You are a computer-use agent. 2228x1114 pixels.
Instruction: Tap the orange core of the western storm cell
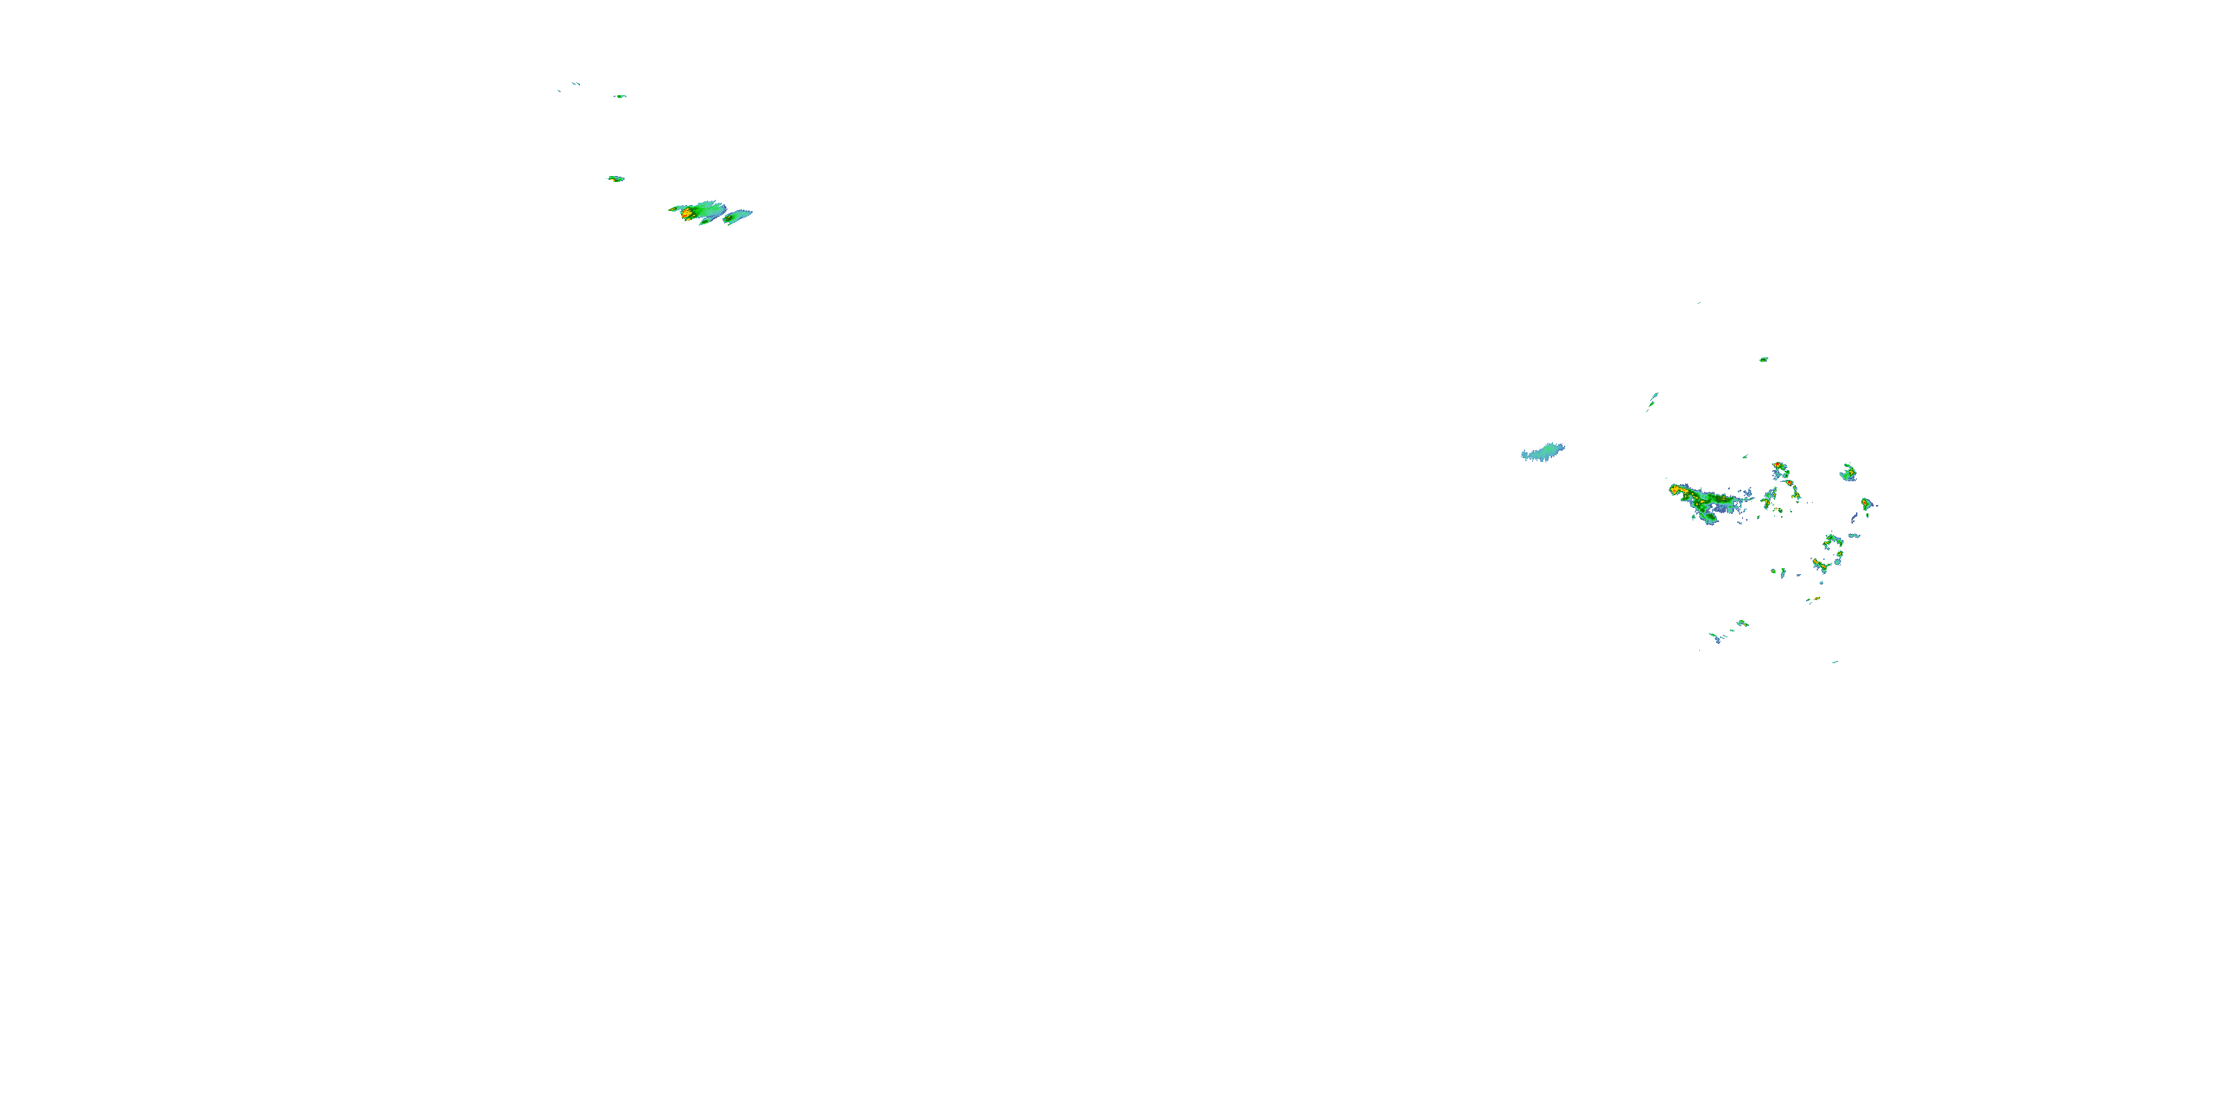pyautogui.click(x=686, y=212)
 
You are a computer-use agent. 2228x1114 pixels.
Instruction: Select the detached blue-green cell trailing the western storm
pyautogui.click(x=737, y=216)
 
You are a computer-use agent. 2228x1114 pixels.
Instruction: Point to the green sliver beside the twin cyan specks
pyautogui.click(x=619, y=96)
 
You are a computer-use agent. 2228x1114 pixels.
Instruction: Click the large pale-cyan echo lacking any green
pyautogui.click(x=1543, y=452)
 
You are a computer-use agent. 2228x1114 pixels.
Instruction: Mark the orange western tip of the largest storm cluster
pyautogui.click(x=1675, y=489)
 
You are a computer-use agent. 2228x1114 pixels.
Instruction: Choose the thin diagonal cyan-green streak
pyautogui.click(x=1652, y=400)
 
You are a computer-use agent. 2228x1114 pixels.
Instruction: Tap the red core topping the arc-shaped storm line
pyautogui.click(x=1777, y=466)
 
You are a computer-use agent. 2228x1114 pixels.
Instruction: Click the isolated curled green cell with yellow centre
pyautogui.click(x=1848, y=472)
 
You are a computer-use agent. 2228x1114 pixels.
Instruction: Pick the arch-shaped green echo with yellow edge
pyautogui.click(x=1832, y=541)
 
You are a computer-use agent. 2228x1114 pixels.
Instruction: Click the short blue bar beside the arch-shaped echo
pyautogui.click(x=1853, y=535)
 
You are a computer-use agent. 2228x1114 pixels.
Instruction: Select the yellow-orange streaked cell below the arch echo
pyautogui.click(x=1820, y=566)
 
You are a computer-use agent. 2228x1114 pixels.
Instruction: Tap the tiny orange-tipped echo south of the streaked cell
pyautogui.click(x=1814, y=599)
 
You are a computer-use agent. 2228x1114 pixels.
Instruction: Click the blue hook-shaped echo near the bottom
pyautogui.click(x=1714, y=637)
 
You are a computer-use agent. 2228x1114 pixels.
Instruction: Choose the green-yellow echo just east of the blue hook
pyautogui.click(x=1742, y=623)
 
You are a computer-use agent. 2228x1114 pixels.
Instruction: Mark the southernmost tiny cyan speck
pyautogui.click(x=1834, y=662)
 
